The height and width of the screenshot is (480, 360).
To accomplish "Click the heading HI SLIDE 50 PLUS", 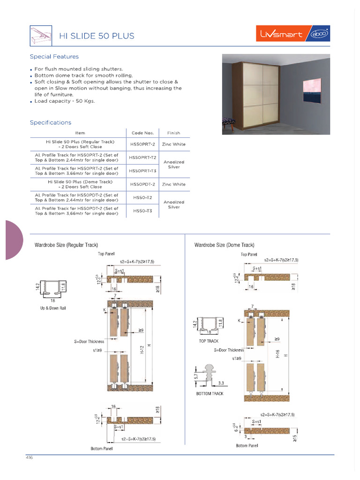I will click(96, 36).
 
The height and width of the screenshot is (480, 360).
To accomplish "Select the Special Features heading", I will click(54, 57).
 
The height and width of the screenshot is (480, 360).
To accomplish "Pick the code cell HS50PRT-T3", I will click(142, 171).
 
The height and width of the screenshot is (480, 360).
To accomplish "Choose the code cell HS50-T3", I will click(142, 211).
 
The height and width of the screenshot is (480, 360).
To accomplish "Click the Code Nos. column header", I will click(142, 133).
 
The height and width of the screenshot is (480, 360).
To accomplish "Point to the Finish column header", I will click(173, 133).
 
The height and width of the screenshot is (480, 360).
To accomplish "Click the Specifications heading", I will click(51, 122).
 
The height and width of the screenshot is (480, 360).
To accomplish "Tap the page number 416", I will click(29, 457).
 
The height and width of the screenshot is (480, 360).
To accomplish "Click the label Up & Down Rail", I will click(52, 308).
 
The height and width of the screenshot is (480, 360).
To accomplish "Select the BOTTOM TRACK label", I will click(210, 393).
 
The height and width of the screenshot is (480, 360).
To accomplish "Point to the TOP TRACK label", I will click(209, 341).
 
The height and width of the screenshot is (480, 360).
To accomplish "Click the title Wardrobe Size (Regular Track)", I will click(66, 245).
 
